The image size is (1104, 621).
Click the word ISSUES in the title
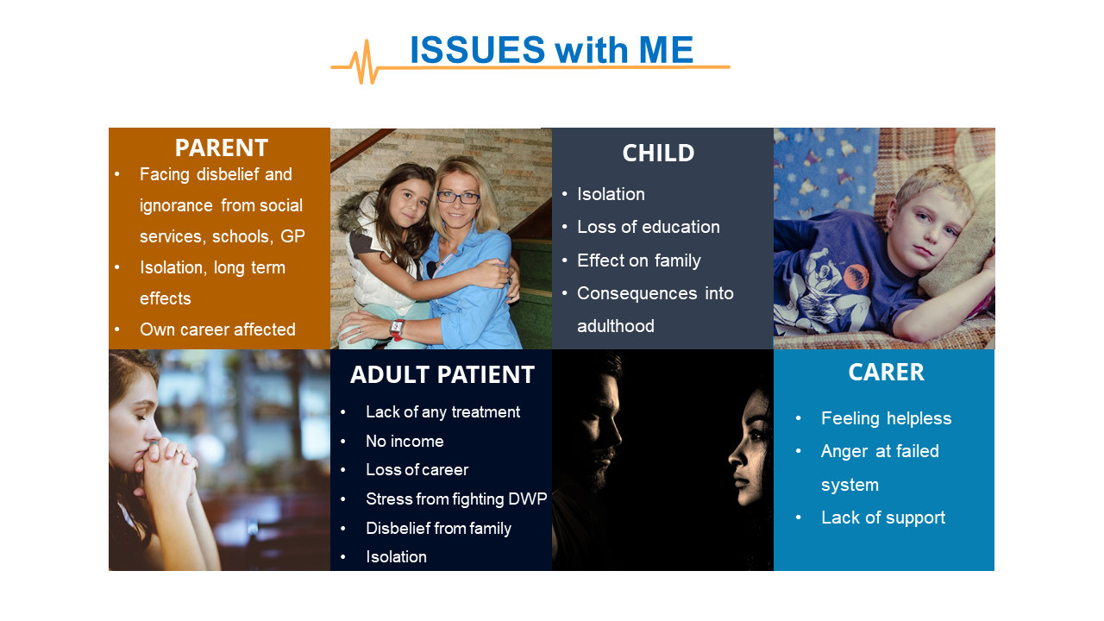(478, 50)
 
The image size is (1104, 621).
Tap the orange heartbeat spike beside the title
(365, 63)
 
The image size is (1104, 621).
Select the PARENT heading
(222, 147)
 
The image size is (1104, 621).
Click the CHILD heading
(658, 153)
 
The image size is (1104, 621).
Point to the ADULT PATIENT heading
(442, 374)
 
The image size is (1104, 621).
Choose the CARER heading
(886, 372)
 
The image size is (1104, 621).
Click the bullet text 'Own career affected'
(217, 329)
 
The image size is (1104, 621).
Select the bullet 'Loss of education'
(648, 227)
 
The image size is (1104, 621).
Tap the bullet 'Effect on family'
(639, 260)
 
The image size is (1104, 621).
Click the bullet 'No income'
(405, 441)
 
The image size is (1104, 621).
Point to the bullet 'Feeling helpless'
(886, 418)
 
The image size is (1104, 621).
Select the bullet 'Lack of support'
(883, 517)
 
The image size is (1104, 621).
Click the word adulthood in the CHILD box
(616, 326)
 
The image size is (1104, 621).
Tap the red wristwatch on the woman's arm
(397, 329)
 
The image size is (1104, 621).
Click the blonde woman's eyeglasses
(458, 198)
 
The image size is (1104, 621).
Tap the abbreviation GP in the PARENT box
(292, 236)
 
